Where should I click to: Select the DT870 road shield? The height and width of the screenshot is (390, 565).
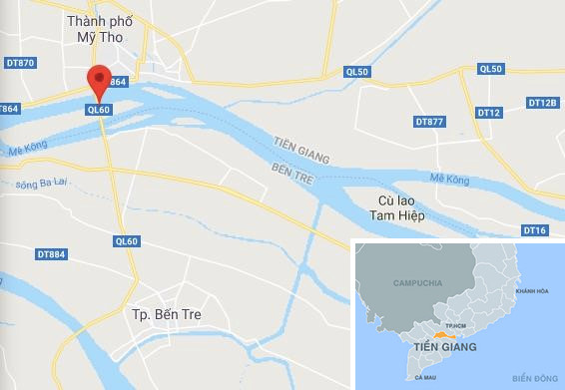click(x=20, y=63)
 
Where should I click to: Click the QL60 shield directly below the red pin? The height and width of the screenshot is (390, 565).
click(x=98, y=110)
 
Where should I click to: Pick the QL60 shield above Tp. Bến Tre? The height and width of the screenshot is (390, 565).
click(x=127, y=240)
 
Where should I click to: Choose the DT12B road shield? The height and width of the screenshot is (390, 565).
click(x=542, y=103)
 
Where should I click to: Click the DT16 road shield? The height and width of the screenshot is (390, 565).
click(x=535, y=230)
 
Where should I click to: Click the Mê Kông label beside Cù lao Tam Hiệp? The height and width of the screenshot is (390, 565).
click(x=449, y=179)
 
